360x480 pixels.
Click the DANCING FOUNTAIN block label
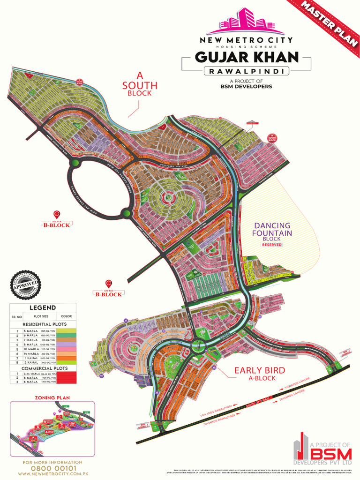click(272, 230)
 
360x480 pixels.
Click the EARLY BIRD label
click(259, 371)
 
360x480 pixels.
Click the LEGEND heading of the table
click(43, 308)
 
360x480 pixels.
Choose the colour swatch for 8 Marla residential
click(66, 345)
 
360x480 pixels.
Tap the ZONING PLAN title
click(52, 397)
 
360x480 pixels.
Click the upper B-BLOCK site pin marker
click(57, 215)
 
